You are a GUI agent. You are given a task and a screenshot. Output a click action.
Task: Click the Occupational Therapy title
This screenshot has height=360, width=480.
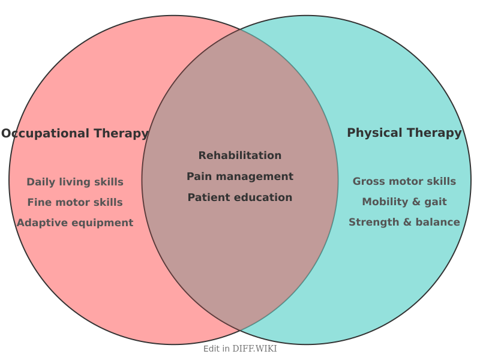tap(75, 134)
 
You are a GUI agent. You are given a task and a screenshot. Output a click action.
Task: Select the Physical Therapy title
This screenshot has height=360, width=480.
tap(404, 133)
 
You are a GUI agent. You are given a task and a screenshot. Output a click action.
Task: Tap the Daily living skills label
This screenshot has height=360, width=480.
tap(75, 182)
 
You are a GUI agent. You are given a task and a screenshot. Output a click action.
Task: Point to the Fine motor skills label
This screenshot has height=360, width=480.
tap(75, 203)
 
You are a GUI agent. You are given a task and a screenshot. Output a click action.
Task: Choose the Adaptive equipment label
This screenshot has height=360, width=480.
tap(75, 223)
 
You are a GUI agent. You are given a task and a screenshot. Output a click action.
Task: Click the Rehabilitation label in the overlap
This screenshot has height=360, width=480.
tap(240, 156)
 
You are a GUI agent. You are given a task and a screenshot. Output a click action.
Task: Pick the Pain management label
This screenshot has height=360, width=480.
tap(240, 177)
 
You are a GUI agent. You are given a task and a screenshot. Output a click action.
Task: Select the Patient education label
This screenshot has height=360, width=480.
tap(240, 198)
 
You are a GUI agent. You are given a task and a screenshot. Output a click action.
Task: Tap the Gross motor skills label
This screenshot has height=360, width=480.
tap(404, 182)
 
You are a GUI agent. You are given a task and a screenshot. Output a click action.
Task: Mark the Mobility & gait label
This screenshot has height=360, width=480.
tap(404, 202)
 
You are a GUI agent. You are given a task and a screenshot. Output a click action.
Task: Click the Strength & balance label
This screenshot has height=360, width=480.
tap(404, 223)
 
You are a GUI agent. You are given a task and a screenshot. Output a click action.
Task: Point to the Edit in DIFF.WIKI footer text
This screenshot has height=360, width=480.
tap(240, 349)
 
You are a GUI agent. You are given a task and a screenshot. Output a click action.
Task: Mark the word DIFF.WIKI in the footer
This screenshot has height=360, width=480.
tap(254, 349)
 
